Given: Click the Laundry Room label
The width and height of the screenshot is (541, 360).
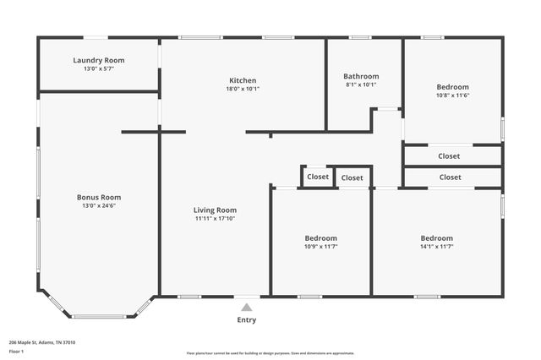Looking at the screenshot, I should [x=99, y=60].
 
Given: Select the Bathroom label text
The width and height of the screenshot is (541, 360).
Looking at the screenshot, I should [x=361, y=76].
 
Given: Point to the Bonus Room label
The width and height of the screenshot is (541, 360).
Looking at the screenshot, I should [x=99, y=197].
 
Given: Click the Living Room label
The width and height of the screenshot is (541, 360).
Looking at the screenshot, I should [x=215, y=210].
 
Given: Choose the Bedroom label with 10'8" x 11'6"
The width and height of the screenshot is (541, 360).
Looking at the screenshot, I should [x=452, y=87].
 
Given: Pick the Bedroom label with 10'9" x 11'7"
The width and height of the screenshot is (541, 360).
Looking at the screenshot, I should [x=320, y=238].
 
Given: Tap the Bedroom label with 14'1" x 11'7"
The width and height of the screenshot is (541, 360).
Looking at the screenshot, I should [x=437, y=238].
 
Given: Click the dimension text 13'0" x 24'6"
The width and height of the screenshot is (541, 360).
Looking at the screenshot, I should [x=99, y=205].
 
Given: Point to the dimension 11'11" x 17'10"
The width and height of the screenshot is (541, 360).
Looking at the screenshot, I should [x=215, y=218].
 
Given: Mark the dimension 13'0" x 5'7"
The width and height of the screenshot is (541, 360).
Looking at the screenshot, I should [x=99, y=68].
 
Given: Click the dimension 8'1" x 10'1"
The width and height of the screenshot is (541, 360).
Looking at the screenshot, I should [x=361, y=85].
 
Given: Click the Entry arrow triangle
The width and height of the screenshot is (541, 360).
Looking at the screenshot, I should [x=246, y=308].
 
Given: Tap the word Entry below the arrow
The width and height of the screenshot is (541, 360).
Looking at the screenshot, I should [x=246, y=320].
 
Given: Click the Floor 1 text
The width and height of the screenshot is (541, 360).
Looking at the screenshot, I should [x=17, y=351].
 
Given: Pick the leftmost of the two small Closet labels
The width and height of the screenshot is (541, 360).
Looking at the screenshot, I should [x=318, y=177].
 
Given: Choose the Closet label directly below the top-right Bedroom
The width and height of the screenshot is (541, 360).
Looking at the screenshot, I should [x=450, y=155].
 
